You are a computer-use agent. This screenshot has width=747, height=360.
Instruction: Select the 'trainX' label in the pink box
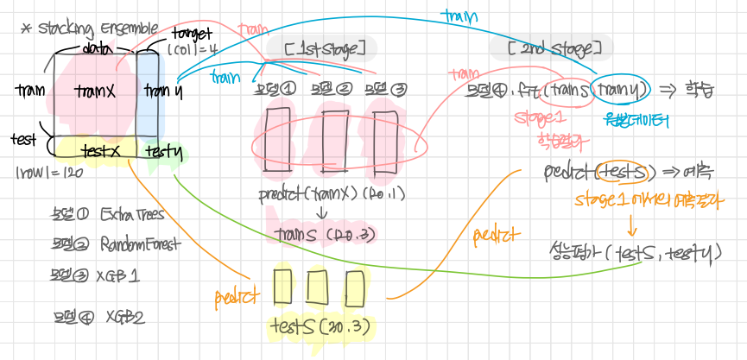(x=94, y=91)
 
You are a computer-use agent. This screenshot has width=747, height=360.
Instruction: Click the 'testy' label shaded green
(x=163, y=152)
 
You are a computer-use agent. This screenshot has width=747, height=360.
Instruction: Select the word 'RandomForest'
(x=140, y=243)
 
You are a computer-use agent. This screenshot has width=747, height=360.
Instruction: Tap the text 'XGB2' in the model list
(x=124, y=317)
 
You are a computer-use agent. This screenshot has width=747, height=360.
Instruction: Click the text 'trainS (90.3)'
(x=323, y=233)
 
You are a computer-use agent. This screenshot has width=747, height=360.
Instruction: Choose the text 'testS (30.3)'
(x=320, y=325)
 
